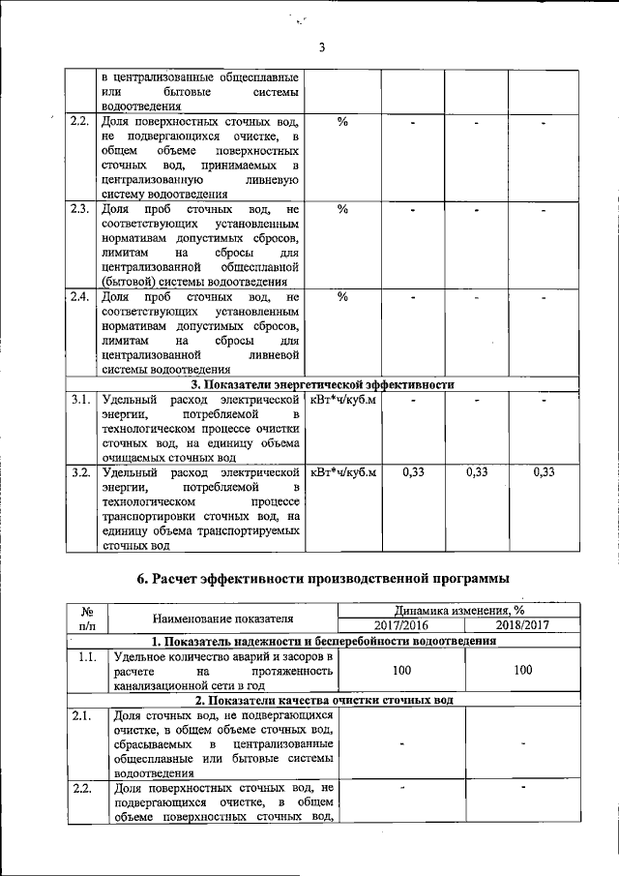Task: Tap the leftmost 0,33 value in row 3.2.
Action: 413,472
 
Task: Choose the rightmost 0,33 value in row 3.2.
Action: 545,472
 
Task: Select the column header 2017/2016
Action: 398,625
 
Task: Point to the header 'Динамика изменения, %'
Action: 460,611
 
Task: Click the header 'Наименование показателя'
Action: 221,619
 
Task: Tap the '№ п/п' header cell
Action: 85,619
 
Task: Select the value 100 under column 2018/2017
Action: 522,669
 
